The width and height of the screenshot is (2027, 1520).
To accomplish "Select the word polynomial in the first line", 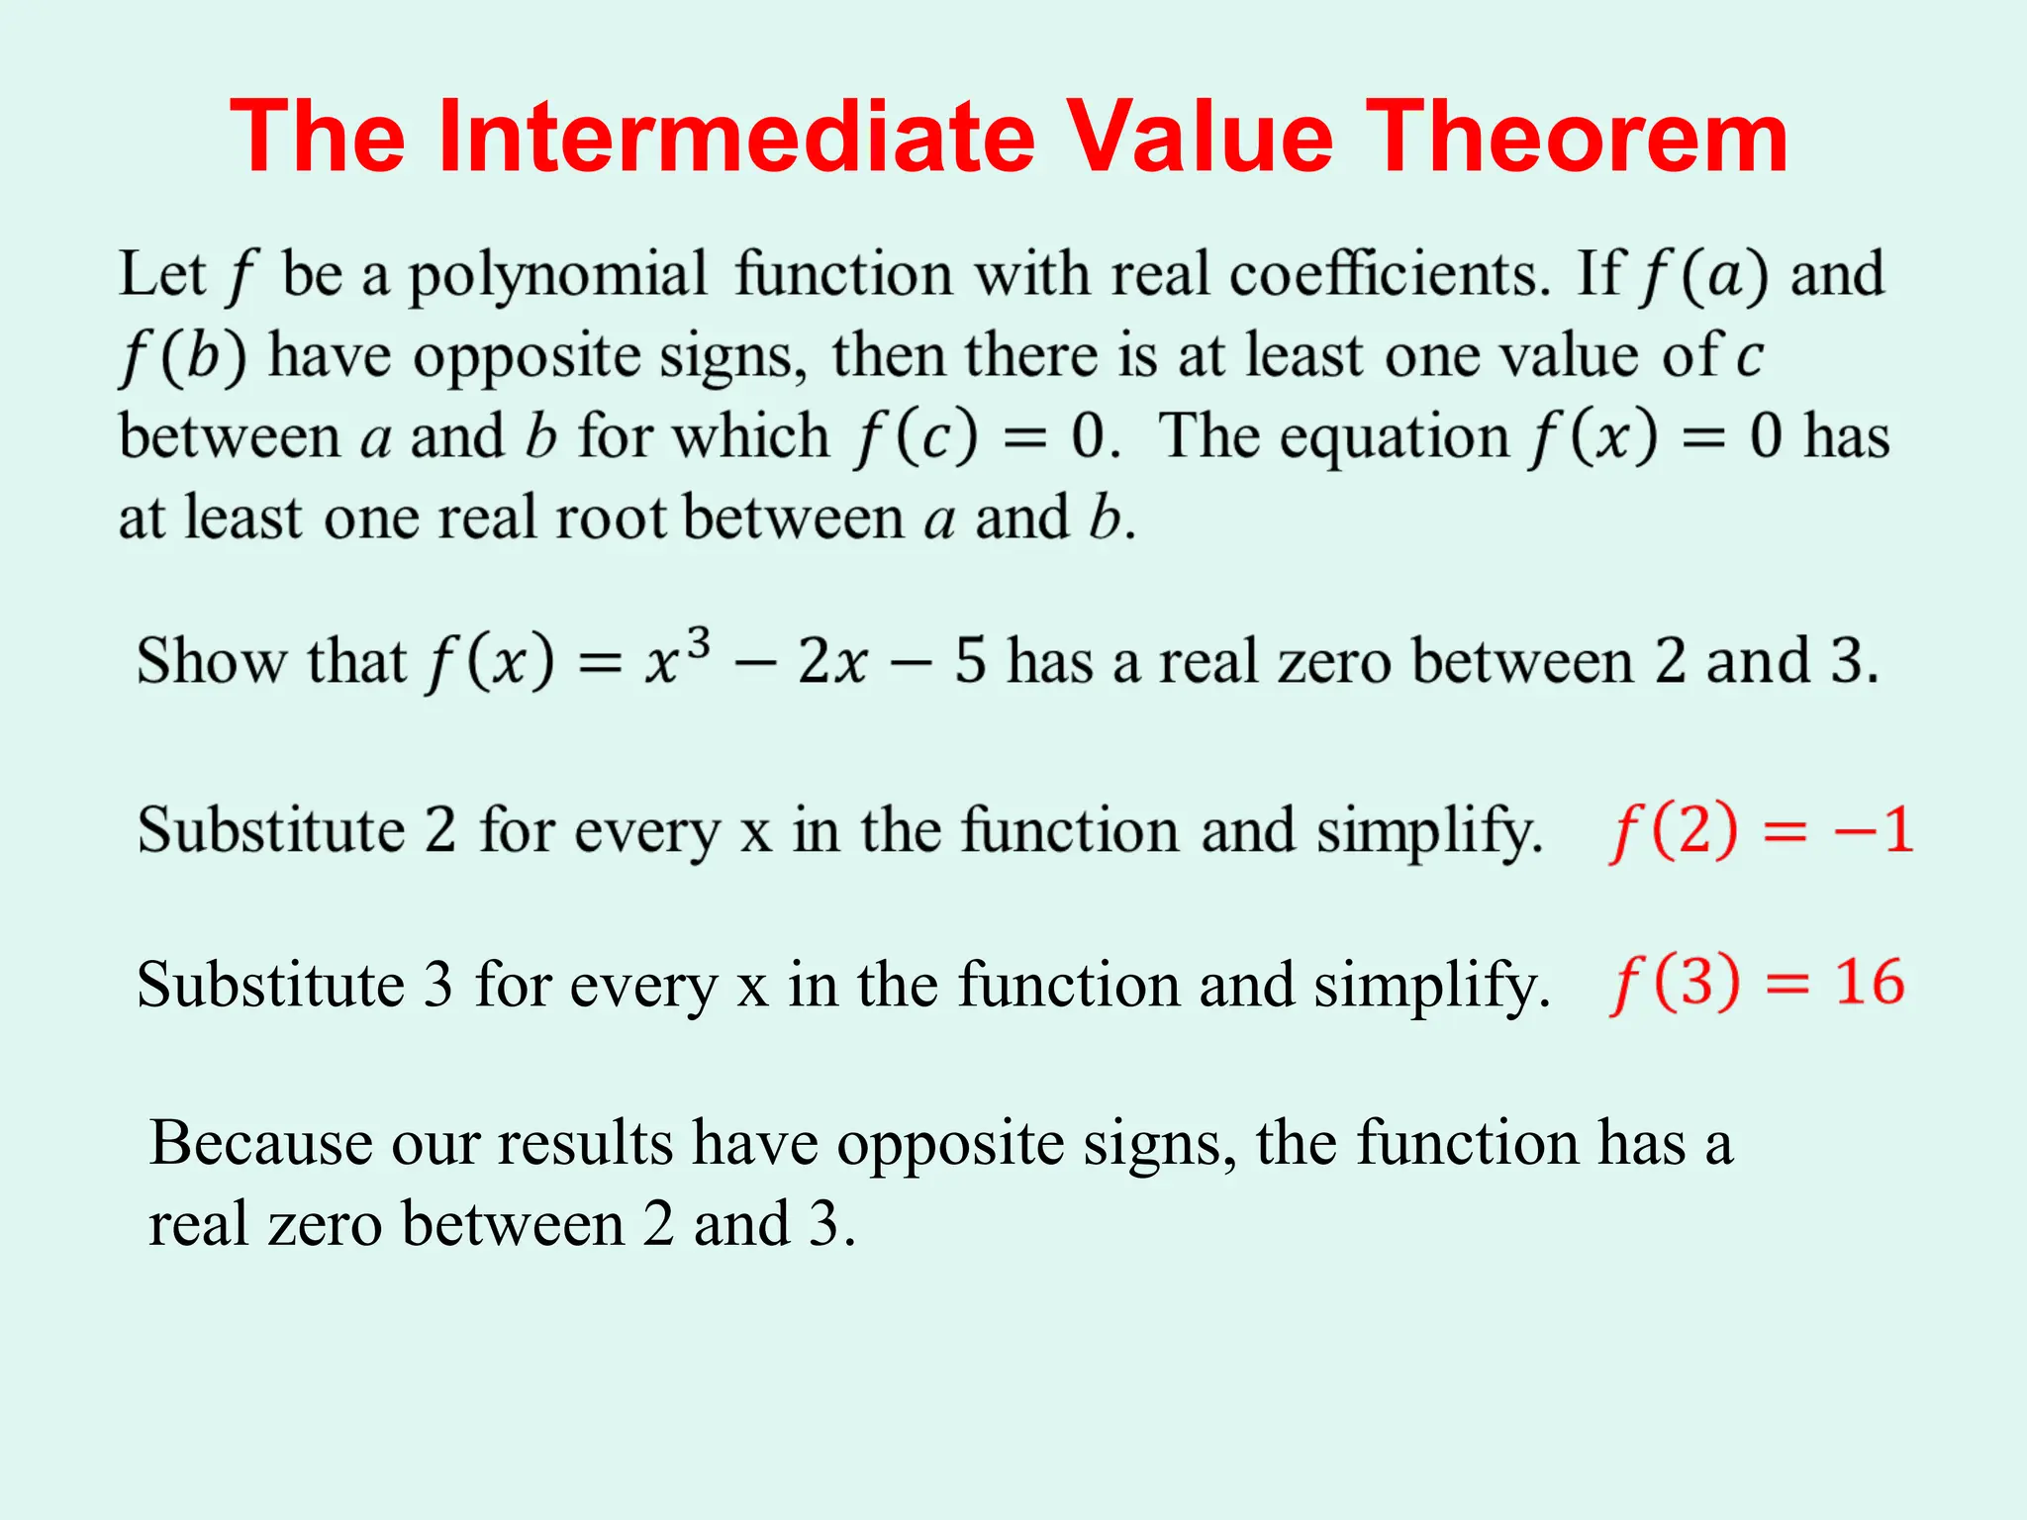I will (x=558, y=275).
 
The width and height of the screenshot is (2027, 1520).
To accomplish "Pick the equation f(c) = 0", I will (x=985, y=436).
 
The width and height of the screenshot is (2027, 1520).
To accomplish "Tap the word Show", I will (x=210, y=661).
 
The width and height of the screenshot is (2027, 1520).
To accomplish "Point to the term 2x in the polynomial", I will (x=832, y=661).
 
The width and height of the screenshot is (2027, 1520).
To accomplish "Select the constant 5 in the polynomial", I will (x=970, y=661).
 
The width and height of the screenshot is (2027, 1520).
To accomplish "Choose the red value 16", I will (x=1869, y=983).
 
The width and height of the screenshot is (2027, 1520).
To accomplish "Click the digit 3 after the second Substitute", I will (x=438, y=985).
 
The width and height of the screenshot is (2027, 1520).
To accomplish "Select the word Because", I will (x=260, y=1143).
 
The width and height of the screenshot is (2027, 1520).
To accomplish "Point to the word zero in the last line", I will (x=325, y=1224).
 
